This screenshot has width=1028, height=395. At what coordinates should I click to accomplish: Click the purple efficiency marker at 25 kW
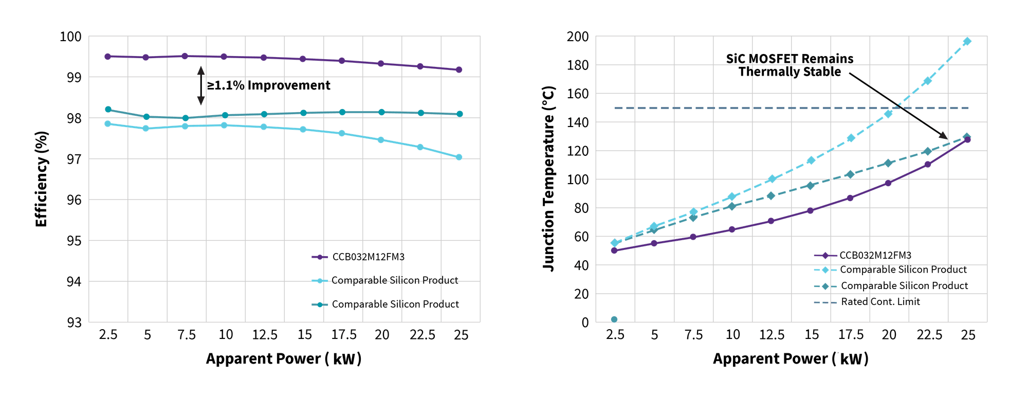pos(459,69)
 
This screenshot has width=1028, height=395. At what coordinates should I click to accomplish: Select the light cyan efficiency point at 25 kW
pos(459,157)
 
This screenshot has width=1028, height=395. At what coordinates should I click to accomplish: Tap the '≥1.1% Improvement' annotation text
pos(269,85)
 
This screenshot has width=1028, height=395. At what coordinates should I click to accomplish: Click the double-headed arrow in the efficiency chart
pos(201,85)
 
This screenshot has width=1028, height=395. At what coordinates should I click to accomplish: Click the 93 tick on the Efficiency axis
pos(74,322)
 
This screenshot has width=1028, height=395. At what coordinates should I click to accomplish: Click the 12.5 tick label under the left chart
pos(265,335)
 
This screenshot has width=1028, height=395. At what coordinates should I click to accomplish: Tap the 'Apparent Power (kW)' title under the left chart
pos(284,358)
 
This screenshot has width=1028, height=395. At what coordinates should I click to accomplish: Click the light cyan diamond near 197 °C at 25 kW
pos(967,41)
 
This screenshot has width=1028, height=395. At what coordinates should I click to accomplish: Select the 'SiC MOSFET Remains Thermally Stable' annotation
pos(790,65)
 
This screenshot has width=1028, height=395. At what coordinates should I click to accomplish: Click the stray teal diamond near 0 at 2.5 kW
pos(614,319)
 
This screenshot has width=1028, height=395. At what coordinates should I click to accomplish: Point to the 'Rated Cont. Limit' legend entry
pos(880,301)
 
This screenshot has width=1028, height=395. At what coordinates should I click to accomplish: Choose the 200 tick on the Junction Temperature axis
pos(577,37)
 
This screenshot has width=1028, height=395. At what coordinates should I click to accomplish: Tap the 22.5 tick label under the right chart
pos(929,335)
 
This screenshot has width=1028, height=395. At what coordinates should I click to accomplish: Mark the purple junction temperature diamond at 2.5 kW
pos(614,250)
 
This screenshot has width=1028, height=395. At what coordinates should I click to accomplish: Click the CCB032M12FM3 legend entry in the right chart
pos(875,255)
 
